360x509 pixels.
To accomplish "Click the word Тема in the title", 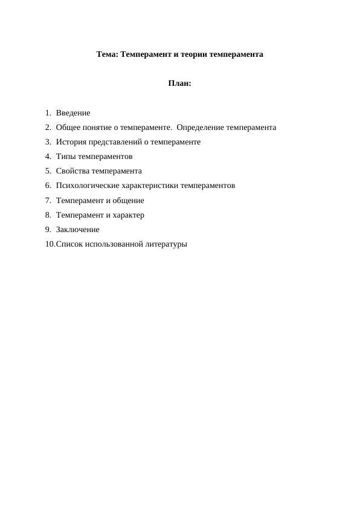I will pos(107,54).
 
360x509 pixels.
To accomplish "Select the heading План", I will pos(179,83).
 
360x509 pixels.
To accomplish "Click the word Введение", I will pos(73,113).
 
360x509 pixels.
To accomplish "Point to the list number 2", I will pos(48,128).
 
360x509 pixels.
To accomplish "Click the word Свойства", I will pos(72,171).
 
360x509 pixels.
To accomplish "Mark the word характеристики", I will pos(150,186).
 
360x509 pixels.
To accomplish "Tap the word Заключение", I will pos(77,230).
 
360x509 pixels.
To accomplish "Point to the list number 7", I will pos(48,201).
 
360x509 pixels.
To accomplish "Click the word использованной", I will pos(114,244).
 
